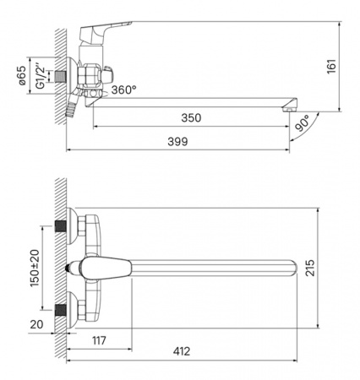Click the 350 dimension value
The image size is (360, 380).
191,117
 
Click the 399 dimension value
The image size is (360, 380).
177,141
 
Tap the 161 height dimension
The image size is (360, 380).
331,67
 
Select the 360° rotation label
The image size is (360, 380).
123,90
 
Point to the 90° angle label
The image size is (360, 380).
303,122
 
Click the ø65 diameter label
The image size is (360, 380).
22,75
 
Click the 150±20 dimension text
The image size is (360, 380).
35,268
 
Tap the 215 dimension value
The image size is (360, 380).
310,268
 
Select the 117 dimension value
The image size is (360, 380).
100,340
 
